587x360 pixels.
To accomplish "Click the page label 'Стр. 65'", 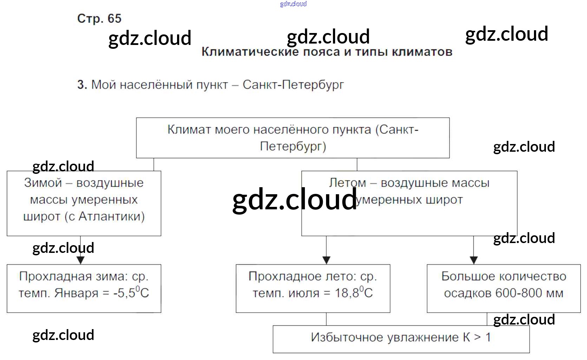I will [x=99, y=18].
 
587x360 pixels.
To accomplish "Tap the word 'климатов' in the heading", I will [x=422, y=52].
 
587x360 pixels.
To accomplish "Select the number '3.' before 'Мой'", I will [x=82, y=85].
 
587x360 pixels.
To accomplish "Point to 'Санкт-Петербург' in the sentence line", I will [x=293, y=85].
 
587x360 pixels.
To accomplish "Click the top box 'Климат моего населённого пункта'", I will [x=293, y=138].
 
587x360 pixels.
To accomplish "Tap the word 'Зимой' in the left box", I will [x=43, y=183].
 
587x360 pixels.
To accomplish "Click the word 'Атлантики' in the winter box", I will [x=111, y=216].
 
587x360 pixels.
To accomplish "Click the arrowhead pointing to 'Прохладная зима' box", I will [x=80, y=260].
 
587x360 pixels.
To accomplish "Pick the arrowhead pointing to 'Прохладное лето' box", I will [x=326, y=260].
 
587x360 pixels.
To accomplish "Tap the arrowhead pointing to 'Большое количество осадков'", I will [x=474, y=260].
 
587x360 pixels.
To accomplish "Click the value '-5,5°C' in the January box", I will [x=131, y=293].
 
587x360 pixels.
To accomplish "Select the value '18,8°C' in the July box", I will [x=353, y=293].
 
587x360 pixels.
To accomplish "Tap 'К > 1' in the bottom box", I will [x=477, y=337].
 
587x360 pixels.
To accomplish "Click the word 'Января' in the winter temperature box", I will [x=76, y=293].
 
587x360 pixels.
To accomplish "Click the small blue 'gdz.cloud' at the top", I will [x=293, y=4].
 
